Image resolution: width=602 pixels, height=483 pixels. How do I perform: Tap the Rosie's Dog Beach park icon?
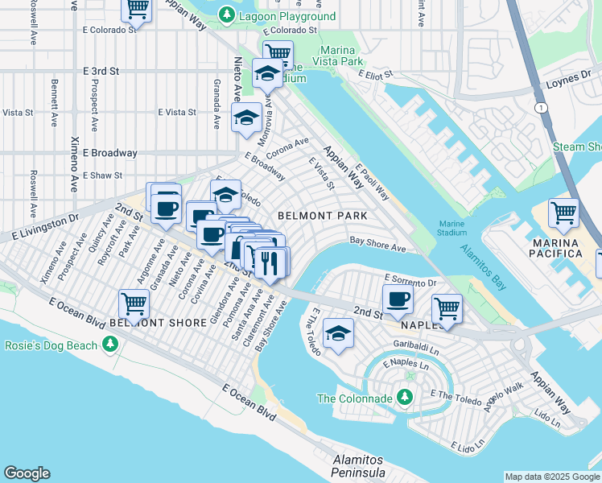click(110, 345)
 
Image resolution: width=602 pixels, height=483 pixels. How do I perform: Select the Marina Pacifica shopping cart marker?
click(563, 213)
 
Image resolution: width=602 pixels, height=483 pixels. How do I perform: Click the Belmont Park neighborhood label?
click(322, 216)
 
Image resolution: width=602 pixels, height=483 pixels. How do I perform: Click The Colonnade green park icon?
click(404, 398)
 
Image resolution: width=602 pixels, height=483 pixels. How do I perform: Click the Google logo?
click(27, 473)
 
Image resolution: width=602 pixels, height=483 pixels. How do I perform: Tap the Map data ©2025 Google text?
click(552, 477)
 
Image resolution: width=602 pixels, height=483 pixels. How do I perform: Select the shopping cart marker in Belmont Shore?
click(134, 304)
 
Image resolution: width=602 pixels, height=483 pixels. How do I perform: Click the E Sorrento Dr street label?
click(410, 281)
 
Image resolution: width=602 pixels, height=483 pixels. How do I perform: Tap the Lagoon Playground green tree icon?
click(228, 15)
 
